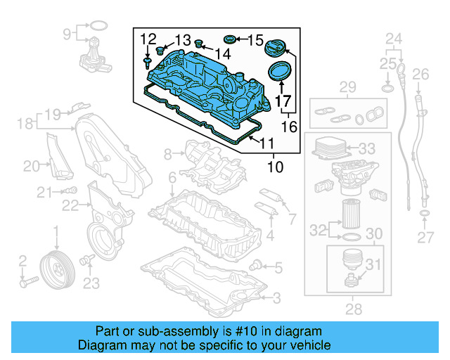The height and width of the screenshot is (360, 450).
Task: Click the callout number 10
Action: point(276,168)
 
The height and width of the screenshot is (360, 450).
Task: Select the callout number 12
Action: point(147,39)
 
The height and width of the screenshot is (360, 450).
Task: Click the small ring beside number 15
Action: point(230,38)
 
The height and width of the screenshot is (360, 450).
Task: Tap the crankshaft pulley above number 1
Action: point(54,269)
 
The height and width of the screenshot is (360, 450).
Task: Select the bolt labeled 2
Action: point(28,283)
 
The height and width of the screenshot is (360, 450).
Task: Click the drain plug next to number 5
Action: point(258,264)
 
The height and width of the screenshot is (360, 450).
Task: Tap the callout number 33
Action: point(366,149)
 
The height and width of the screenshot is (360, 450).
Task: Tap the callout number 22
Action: point(69,205)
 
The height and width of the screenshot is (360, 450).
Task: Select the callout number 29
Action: point(348,87)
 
